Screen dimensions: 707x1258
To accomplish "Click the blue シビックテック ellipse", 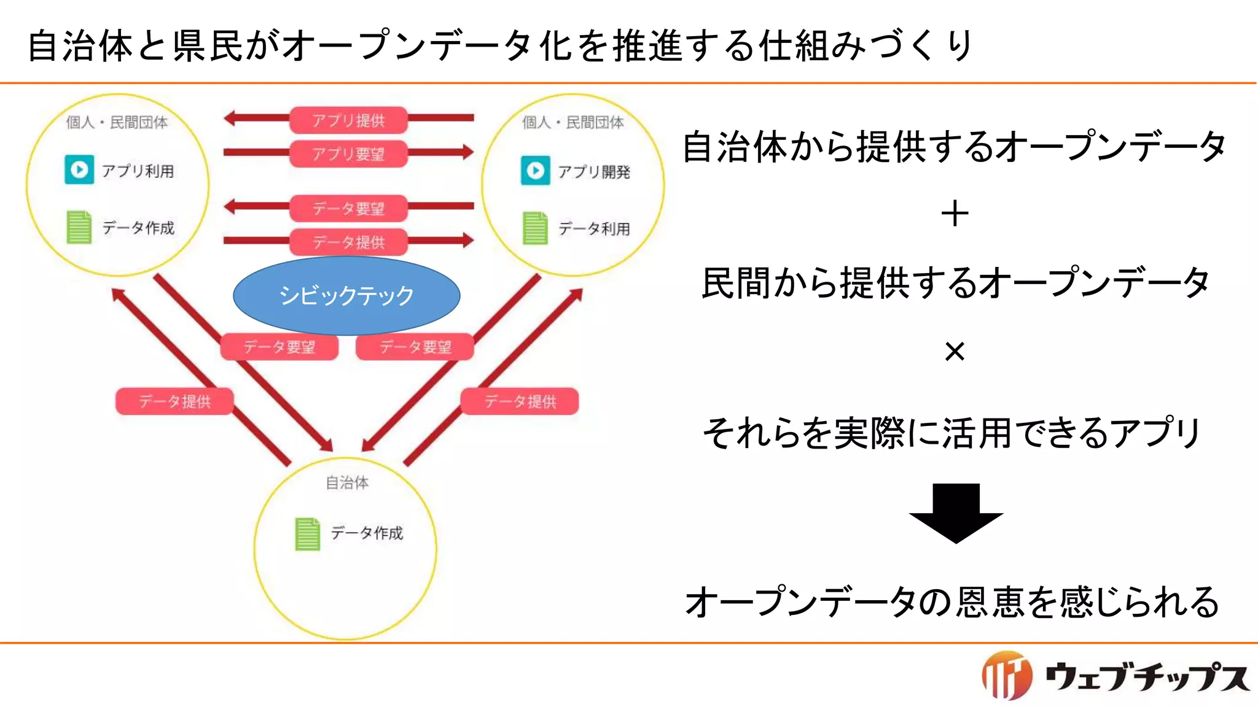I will (x=346, y=296).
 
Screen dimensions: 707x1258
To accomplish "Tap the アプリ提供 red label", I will (x=348, y=120).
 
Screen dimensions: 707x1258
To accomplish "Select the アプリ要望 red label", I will (x=348, y=153).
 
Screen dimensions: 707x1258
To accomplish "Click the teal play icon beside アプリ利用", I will (x=79, y=170).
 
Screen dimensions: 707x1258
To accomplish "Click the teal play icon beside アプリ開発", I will (x=535, y=171).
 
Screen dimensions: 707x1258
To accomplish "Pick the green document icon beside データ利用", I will (x=535, y=228).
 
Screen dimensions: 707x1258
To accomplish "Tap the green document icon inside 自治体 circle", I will (x=307, y=533).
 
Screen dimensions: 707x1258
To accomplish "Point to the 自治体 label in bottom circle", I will (x=347, y=483).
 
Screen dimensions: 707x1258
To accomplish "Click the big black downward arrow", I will (x=956, y=512).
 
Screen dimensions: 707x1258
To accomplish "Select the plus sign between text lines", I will (x=955, y=214).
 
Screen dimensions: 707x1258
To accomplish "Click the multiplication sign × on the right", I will (x=955, y=352).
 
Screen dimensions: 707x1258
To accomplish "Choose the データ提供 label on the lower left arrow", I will (x=174, y=401).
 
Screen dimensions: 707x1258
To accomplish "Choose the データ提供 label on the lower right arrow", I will (x=520, y=401).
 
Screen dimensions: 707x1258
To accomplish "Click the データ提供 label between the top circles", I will (x=348, y=242).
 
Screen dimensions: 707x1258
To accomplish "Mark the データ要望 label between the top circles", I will (x=348, y=209).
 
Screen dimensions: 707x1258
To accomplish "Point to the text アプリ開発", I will (x=593, y=172).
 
